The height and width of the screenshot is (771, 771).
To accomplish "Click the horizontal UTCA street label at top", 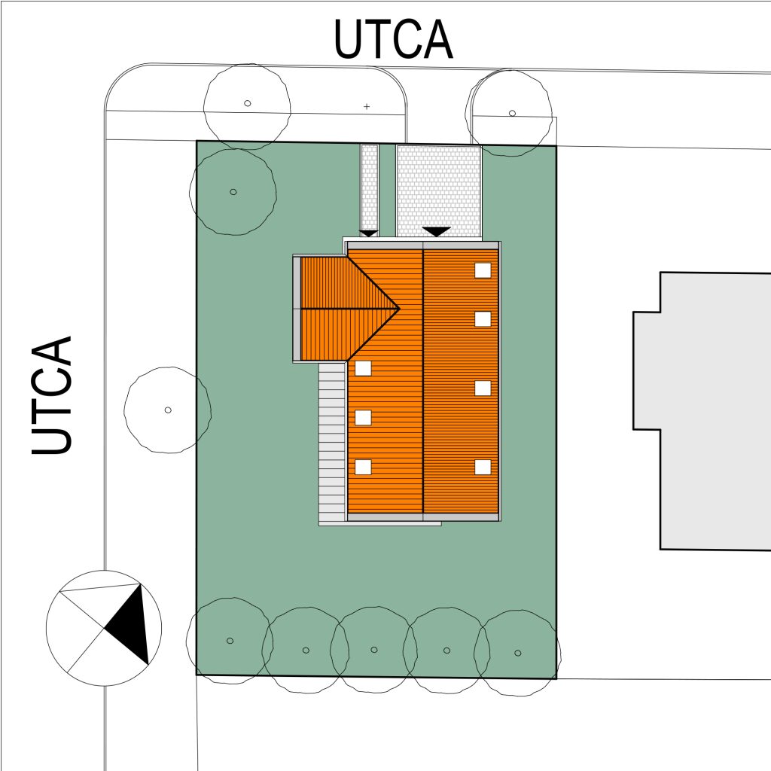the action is click(x=393, y=39).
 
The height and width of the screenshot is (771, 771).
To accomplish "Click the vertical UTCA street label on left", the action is click(x=52, y=395).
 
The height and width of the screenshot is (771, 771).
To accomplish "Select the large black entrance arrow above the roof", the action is click(x=436, y=231).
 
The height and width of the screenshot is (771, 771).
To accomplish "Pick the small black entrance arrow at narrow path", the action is click(x=369, y=233).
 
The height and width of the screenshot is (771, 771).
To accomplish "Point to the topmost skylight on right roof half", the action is click(x=483, y=270).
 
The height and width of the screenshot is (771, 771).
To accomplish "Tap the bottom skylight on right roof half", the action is click(x=483, y=467).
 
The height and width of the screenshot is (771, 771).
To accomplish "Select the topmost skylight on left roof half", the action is click(x=364, y=368).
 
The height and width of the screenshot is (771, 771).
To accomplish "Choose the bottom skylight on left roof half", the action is click(x=364, y=467).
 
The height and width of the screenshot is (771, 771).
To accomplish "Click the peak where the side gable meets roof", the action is click(x=399, y=309).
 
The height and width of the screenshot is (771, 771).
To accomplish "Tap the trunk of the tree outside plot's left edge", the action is click(x=168, y=410).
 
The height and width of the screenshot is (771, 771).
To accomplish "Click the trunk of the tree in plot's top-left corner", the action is click(x=233, y=192).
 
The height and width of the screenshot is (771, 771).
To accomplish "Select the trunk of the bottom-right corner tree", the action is click(x=518, y=653).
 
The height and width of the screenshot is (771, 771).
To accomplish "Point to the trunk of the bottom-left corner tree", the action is click(x=230, y=641).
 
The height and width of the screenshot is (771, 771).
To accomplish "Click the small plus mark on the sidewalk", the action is click(x=367, y=106).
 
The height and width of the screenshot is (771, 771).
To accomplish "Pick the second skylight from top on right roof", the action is click(x=483, y=319).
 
